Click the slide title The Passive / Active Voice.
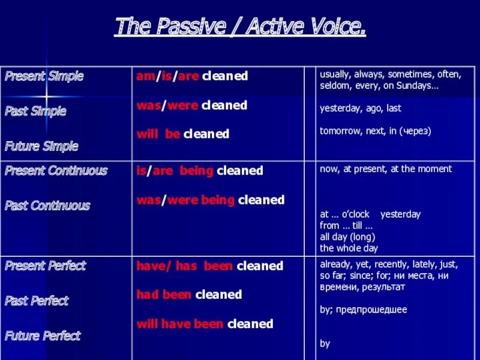tap(240, 27)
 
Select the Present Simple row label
tap(44, 76)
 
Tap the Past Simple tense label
tap(35, 111)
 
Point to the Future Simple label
tap(41, 146)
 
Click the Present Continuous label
tap(56, 170)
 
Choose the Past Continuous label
tap(47, 205)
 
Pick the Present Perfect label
tap(46, 265)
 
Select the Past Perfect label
tap(37, 300)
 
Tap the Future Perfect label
tap(43, 335)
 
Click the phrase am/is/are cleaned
tap(192, 76)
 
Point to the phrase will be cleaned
tap(183, 134)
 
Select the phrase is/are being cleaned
tap(200, 170)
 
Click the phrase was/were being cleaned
tap(211, 200)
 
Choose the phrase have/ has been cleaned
tap(209, 265)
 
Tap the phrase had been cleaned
tap(189, 295)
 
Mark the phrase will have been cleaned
tap(205, 324)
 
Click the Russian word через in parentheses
tap(413, 130)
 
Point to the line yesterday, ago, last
tap(360, 109)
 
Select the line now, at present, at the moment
tap(386, 169)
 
